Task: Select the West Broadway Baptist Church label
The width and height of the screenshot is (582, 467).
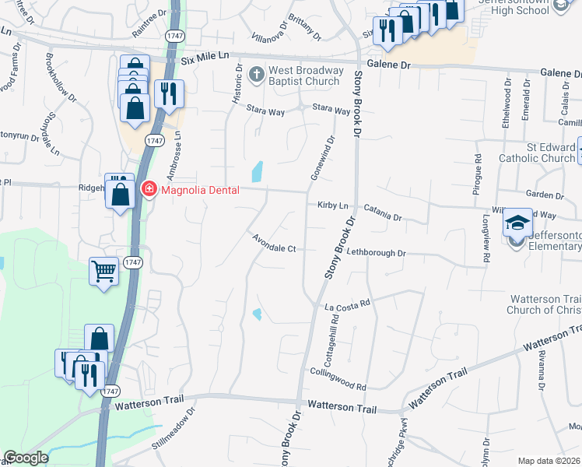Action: pyautogui.click(x=304, y=75)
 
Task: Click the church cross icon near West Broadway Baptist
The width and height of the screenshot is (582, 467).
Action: pyautogui.click(x=257, y=75)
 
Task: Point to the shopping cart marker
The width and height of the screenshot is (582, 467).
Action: pyautogui.click(x=103, y=272)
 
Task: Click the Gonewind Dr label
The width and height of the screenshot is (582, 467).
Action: pyautogui.click(x=321, y=159)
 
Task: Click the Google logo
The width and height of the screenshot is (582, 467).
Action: pyautogui.click(x=26, y=458)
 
